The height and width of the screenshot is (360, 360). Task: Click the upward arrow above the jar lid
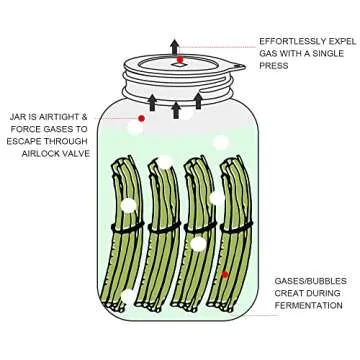pos(175,47)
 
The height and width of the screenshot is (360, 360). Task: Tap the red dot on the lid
pos(181,62)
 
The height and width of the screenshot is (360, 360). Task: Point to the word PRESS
pos(274,65)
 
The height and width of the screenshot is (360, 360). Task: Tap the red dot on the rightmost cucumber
pos(225,274)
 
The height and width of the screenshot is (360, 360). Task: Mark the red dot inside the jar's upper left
pos(142,120)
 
